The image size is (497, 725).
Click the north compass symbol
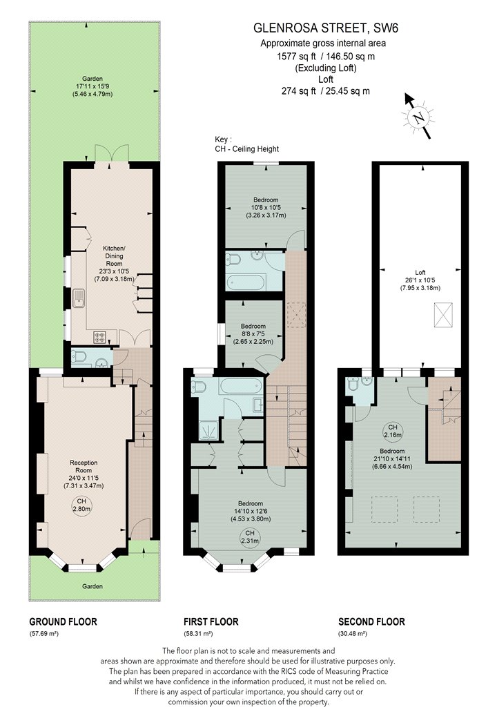[x=419, y=117]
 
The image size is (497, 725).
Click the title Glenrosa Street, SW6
[x=326, y=28]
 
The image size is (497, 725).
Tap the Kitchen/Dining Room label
[x=114, y=264]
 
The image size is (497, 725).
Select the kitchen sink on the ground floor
[x=78, y=298]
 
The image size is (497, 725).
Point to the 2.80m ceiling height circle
[x=81, y=505]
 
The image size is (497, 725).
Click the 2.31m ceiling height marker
[x=250, y=536]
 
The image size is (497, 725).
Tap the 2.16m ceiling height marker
[x=392, y=430]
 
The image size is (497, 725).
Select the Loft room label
[x=420, y=280]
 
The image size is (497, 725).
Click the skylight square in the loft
[x=443, y=316]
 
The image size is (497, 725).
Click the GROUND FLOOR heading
[x=63, y=622]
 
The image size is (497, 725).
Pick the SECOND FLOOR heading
[x=371, y=622]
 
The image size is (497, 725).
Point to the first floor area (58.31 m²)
[x=198, y=634]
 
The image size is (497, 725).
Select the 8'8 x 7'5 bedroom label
[x=253, y=333]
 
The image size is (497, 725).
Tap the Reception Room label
[x=84, y=474]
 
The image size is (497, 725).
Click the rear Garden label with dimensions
[x=92, y=86]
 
